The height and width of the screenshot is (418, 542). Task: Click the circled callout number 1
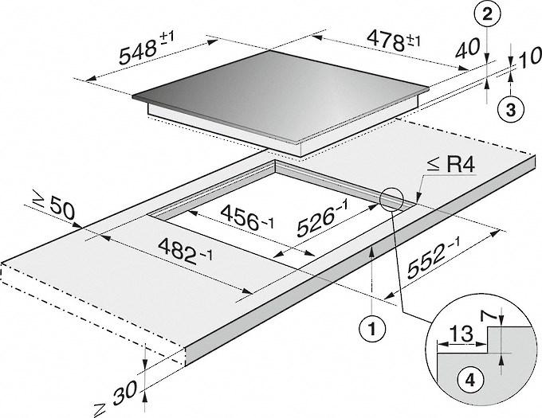click(x=373, y=326)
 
